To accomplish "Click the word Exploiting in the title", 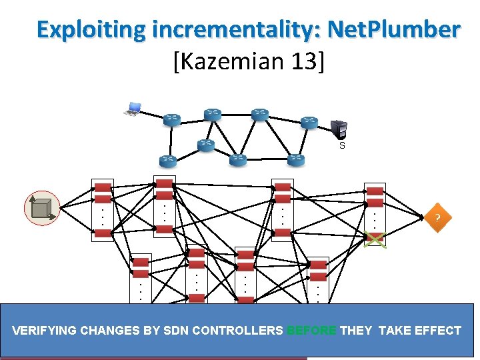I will (91, 30).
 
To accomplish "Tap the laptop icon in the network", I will (133, 109).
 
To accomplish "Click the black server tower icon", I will (339, 129).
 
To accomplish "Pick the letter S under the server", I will (342, 145).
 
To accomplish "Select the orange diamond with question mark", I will (437, 218).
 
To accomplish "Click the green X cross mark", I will (375, 238).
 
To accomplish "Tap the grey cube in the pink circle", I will (42, 207).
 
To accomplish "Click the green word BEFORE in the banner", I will (312, 330).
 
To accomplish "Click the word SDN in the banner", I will (176, 330).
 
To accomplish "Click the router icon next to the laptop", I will (171, 120).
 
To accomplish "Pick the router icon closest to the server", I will (309, 123).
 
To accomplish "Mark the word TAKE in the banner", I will (393, 330).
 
